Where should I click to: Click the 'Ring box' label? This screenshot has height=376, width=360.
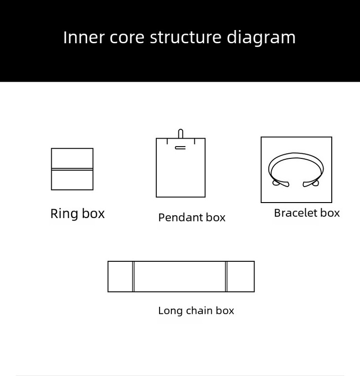pos(78,214)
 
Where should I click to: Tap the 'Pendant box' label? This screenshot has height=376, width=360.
pos(192,218)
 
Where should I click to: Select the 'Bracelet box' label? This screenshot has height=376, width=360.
pos(307,213)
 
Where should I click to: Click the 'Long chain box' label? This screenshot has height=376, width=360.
pos(196,311)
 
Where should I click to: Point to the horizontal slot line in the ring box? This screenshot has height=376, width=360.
pos(72,168)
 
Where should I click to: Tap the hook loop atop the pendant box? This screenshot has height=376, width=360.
pos(181,133)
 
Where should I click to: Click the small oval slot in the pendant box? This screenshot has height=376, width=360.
pos(180,148)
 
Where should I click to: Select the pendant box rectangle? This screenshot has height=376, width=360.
pos(181,174)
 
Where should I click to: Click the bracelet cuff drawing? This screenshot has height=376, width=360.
pos(296,162)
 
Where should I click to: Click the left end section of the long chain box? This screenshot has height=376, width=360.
pos(120,277)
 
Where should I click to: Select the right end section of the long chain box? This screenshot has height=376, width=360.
pos(240,277)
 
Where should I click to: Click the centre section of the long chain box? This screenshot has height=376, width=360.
pos(180,277)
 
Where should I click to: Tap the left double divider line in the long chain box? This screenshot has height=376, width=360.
pos(133,277)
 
